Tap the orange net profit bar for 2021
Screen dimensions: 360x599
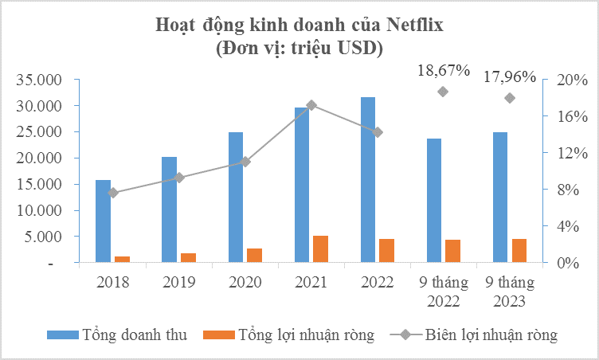coord(320,248)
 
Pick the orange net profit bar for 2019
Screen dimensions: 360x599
coord(187,257)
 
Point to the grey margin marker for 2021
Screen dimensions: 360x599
coord(311,105)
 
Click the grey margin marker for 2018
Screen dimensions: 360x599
coord(112,193)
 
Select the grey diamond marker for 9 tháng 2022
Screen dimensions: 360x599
coord(443,92)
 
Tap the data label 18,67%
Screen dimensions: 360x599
coord(444,71)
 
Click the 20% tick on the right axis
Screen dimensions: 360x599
coord(571,80)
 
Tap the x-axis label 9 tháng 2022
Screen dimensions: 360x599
coord(444,291)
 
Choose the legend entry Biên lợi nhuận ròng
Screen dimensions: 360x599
coord(491,335)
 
